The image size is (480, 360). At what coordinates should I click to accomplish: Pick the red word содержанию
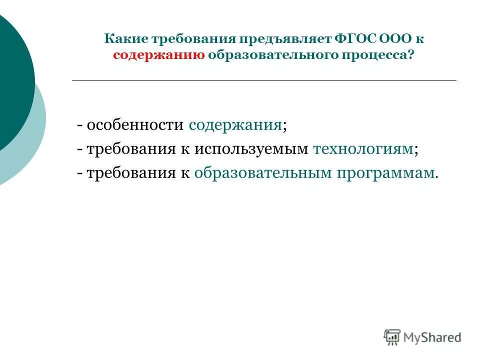tap(158, 55)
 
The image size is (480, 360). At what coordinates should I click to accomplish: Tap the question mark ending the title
tap(411, 55)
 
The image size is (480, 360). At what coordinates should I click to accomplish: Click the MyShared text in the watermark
tap(432, 337)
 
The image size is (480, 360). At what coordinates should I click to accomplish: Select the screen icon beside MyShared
tap(392, 336)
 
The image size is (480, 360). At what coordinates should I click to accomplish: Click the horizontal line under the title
tap(264, 80)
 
